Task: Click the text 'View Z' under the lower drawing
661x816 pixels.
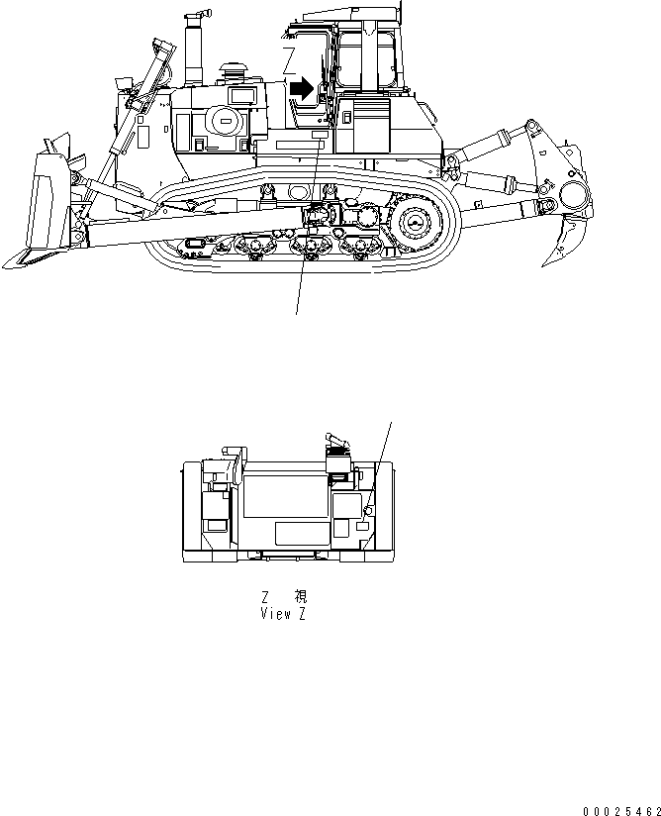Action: pos(283,614)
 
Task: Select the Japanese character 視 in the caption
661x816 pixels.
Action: pos(301,597)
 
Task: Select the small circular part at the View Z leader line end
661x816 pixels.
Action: pos(368,509)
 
